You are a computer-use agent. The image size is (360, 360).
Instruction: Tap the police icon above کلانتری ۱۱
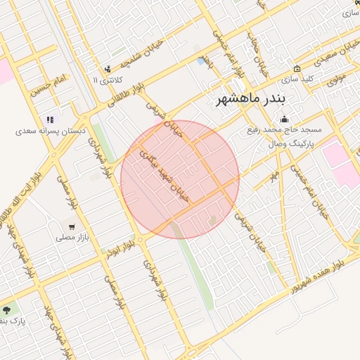click(107, 69)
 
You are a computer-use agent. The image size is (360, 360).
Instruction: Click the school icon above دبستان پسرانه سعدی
click(50, 120)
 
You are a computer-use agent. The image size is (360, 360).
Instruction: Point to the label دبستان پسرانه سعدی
click(51, 131)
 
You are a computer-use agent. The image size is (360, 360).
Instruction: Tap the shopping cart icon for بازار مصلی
click(72, 226)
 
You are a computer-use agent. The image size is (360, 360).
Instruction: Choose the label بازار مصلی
click(72, 238)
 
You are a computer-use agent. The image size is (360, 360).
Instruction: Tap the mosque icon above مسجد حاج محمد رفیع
click(284, 119)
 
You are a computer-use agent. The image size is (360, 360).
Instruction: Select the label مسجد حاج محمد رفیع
click(284, 130)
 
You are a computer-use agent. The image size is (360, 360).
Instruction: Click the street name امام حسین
click(49, 85)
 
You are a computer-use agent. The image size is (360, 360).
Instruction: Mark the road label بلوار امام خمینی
click(222, 45)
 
